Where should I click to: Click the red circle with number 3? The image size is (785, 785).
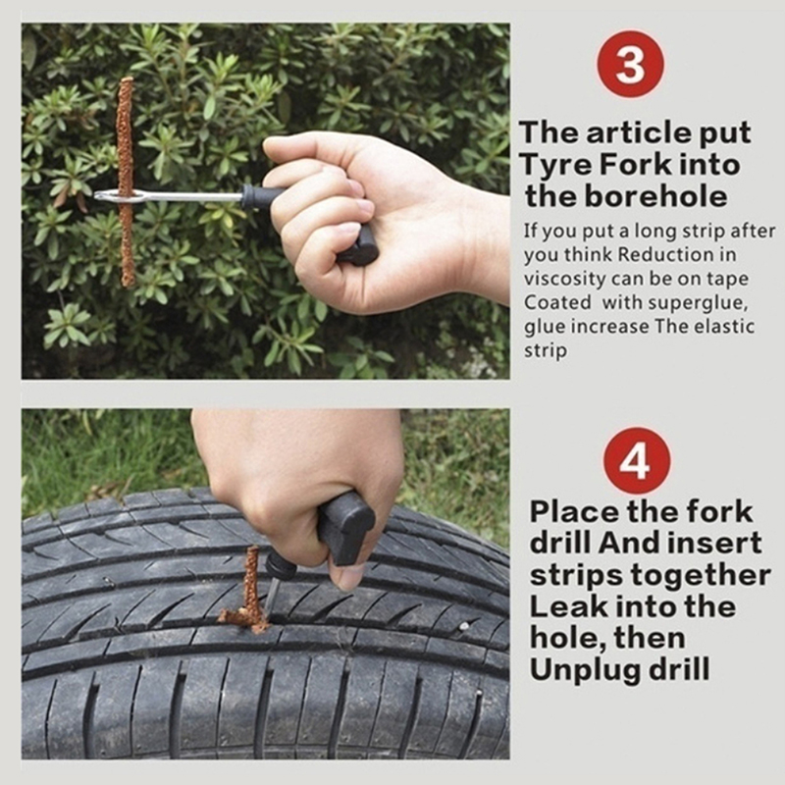[630, 64]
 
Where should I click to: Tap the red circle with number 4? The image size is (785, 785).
[637, 461]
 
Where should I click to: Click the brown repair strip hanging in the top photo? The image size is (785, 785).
[126, 182]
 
